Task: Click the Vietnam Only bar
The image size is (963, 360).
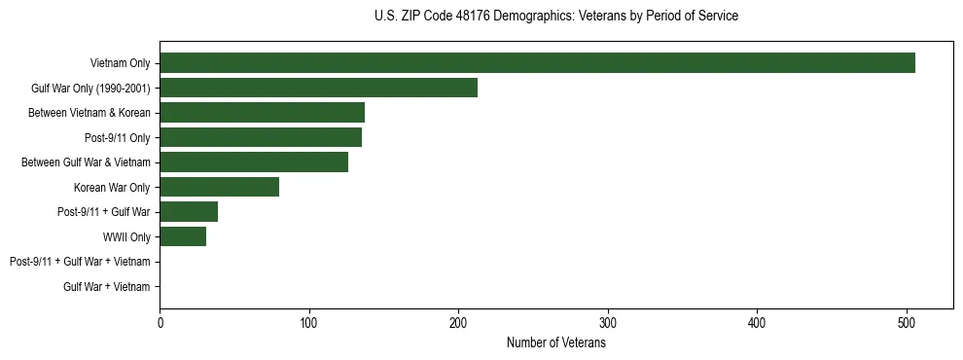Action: pos(537,63)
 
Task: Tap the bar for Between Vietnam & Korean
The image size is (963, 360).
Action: pos(262,113)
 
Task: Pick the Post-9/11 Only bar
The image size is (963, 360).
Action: pos(261,137)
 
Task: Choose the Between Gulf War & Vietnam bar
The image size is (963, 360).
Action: pos(254,162)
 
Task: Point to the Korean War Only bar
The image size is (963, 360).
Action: pos(219,187)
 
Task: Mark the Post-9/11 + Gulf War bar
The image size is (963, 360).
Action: pos(189,212)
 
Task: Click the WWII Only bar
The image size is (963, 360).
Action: pos(183,236)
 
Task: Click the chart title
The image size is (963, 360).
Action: pos(555,17)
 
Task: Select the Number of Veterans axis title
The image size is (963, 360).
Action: pos(555,342)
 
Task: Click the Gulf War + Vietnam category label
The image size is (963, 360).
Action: pos(107,286)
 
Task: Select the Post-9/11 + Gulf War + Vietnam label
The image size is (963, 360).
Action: pos(80,262)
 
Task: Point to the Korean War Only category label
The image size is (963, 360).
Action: pos(112,187)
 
